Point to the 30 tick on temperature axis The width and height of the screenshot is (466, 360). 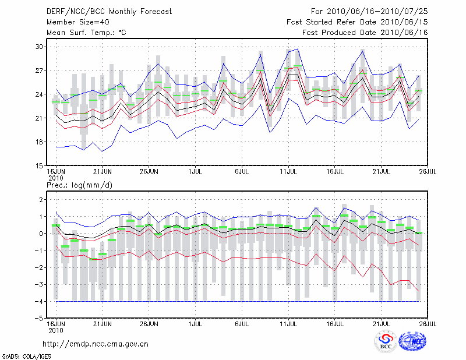40,47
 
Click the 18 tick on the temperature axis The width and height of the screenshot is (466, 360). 40,142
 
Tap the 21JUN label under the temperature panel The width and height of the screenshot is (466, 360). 103,172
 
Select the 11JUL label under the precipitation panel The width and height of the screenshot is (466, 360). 289,322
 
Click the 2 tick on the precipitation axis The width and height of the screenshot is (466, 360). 41,200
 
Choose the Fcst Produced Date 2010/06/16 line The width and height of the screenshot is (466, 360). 357,32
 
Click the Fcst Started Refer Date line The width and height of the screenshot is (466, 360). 357,22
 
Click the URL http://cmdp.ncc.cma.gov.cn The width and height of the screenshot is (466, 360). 96,344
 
